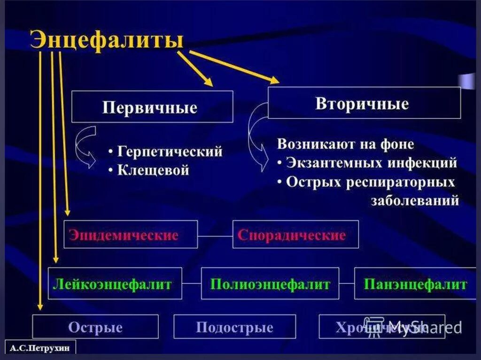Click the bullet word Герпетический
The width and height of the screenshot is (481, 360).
[x=169, y=152]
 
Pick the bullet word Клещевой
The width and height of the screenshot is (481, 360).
[x=153, y=170]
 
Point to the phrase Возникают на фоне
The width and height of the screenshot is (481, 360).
[x=346, y=144]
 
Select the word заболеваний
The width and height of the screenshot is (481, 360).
[x=415, y=201]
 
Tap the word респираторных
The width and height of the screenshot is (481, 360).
[x=401, y=182]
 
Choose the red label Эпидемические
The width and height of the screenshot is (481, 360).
[x=124, y=235]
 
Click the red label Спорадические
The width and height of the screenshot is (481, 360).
[x=292, y=235]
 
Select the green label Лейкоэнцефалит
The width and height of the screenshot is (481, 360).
[x=112, y=284]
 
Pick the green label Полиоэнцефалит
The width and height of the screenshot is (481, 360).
[x=270, y=284]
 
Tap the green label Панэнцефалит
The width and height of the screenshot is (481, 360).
[x=415, y=284]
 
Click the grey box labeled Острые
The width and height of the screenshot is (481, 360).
[x=95, y=327]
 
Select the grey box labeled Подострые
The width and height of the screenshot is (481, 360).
[x=234, y=327]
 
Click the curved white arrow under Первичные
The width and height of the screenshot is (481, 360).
[x=85, y=146]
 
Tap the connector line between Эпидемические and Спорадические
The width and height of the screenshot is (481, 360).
[x=215, y=234]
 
